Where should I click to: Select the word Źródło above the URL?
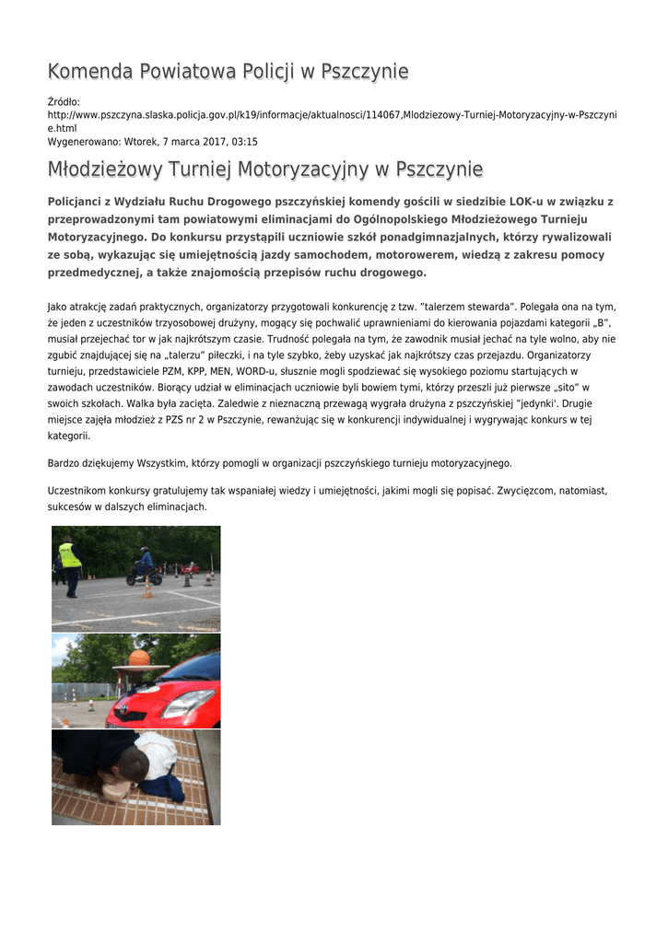coord(64,101)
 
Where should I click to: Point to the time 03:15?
coord(243,142)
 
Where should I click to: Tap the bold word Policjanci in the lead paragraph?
coord(78,202)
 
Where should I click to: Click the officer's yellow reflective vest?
coord(70,555)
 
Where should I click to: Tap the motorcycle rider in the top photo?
coord(145,562)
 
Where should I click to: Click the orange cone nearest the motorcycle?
coord(147,589)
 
